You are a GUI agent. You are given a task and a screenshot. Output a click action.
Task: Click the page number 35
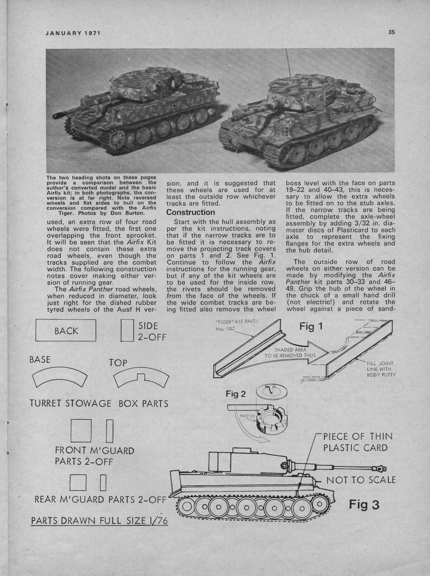click(x=391, y=32)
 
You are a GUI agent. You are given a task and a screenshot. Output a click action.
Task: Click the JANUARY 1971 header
click(x=72, y=33)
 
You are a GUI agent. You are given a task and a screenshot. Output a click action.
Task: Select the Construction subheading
click(x=190, y=212)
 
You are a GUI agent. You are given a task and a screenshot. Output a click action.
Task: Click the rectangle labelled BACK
click(x=66, y=330)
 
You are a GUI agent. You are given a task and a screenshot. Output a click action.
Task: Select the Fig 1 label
click(x=312, y=327)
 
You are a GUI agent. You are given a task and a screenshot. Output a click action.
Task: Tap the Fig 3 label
click(x=364, y=505)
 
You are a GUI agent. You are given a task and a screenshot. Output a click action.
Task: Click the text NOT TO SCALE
click(x=361, y=480)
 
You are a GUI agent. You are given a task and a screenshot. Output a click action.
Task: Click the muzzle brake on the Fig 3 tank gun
click(x=382, y=468)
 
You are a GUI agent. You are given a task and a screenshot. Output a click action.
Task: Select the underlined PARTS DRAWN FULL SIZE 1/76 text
click(x=100, y=521)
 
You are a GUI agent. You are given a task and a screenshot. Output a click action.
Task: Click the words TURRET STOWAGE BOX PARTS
click(x=99, y=403)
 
